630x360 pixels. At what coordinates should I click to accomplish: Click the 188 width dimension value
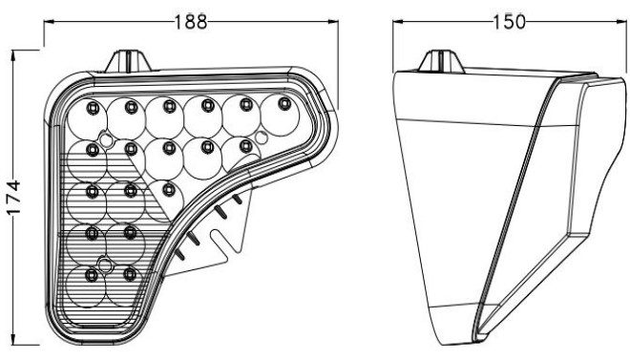(x=191, y=22)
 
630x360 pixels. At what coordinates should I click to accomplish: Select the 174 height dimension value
(x=13, y=198)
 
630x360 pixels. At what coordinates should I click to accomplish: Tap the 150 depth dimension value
(x=509, y=22)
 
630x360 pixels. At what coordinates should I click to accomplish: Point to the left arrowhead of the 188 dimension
(x=50, y=22)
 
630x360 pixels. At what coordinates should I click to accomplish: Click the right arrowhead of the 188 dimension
(x=333, y=22)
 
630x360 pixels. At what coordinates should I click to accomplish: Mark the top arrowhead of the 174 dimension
(x=14, y=55)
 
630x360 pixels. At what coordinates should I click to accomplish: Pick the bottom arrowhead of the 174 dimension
(x=14, y=339)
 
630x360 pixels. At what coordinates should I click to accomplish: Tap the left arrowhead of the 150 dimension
(x=399, y=22)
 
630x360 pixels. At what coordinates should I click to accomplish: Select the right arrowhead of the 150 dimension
(x=620, y=22)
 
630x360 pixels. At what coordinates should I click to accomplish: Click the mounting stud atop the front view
(x=129, y=61)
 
